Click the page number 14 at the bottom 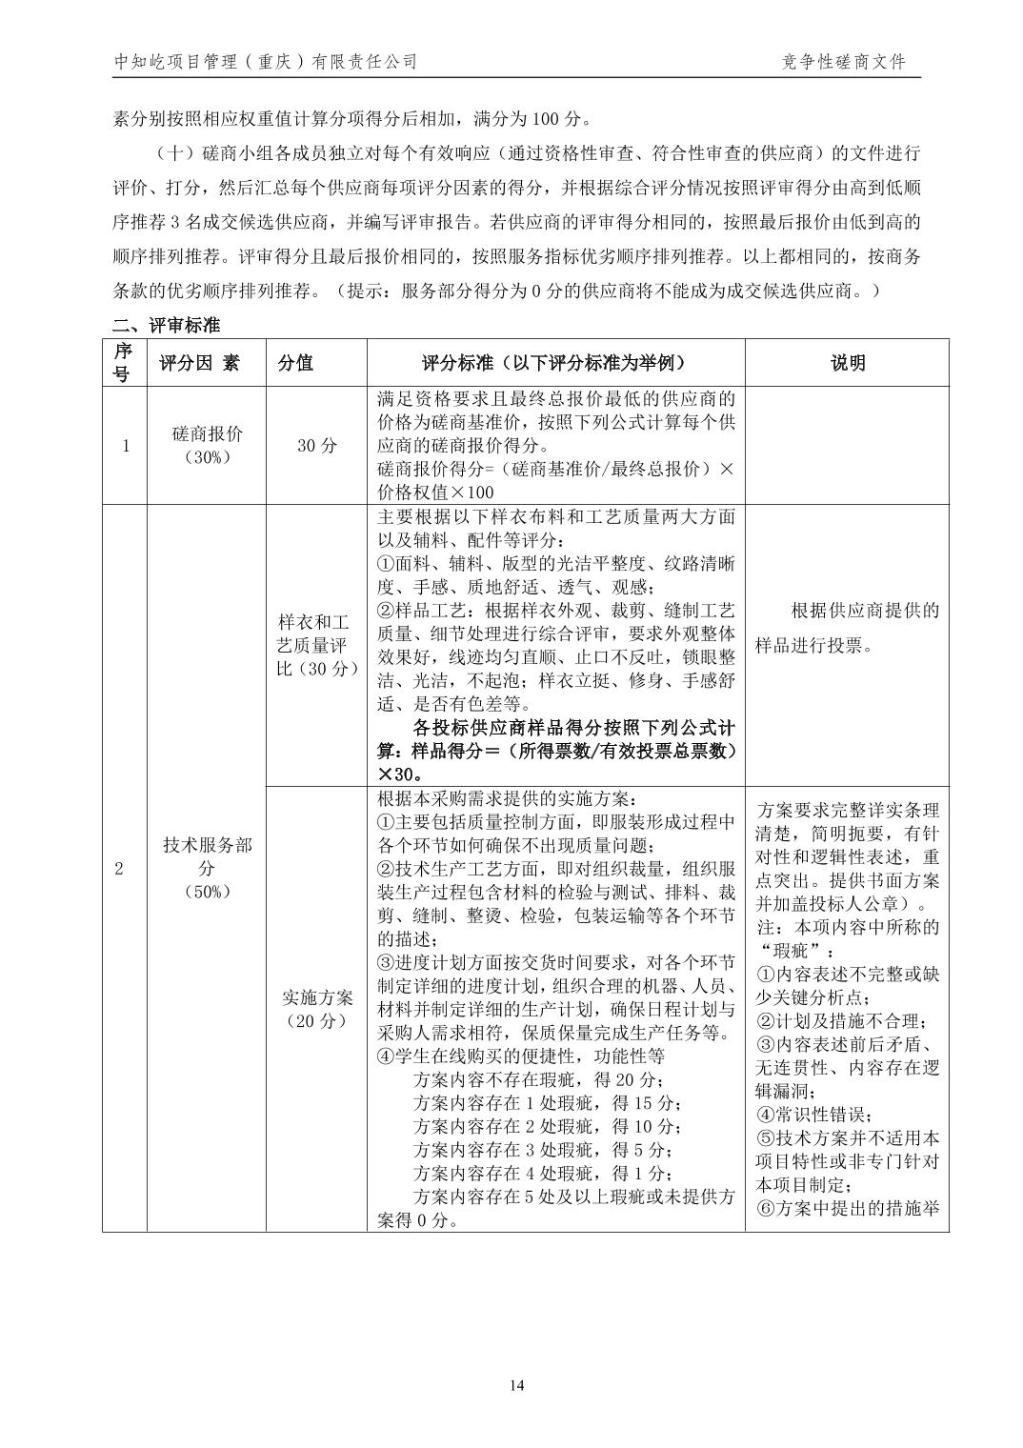(x=516, y=1385)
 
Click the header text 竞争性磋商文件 (x=843, y=63)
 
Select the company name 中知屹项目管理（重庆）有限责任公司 (x=266, y=63)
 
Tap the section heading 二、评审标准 (x=166, y=326)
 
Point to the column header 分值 (x=295, y=363)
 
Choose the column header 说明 (x=847, y=363)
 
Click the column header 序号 (x=122, y=363)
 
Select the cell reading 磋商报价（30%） (x=207, y=445)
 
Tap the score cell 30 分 (x=316, y=445)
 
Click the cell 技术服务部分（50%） (x=207, y=868)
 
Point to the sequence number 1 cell (x=125, y=445)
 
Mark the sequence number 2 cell (x=119, y=868)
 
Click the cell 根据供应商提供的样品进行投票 (x=847, y=628)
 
